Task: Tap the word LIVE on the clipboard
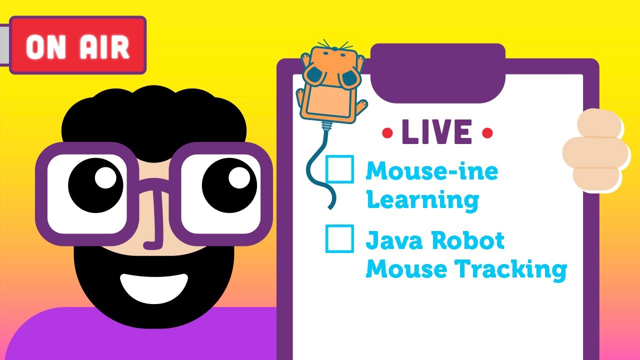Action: (x=436, y=132)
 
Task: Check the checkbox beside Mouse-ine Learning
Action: (x=339, y=169)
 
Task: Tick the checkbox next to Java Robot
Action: (x=339, y=238)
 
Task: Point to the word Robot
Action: (x=468, y=241)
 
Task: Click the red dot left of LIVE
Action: (x=387, y=133)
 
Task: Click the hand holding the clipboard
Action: (x=595, y=150)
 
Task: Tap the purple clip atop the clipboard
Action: (x=437, y=72)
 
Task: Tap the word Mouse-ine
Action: (x=431, y=172)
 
